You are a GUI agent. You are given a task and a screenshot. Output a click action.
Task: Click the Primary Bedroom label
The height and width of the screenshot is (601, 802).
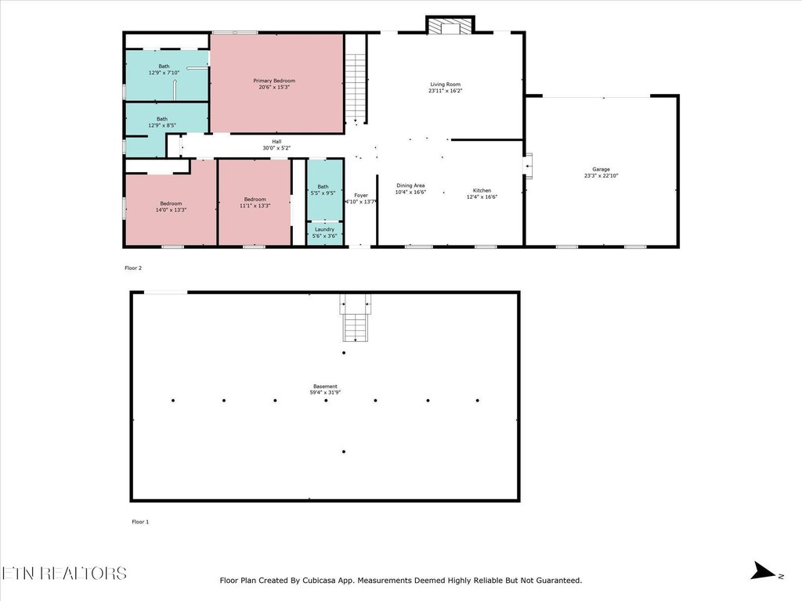[273, 81]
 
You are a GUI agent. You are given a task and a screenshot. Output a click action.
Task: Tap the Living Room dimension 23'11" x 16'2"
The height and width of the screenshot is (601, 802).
[444, 92]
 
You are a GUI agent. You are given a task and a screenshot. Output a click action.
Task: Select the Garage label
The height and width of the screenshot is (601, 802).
[601, 169]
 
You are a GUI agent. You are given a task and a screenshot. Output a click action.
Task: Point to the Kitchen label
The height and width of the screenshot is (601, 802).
[482, 191]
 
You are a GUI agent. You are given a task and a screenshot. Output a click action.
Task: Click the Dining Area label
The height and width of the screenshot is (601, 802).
[410, 185]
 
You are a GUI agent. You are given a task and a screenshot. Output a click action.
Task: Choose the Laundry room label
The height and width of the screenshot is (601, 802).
[324, 229]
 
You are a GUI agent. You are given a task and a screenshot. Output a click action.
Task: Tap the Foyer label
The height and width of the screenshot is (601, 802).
[360, 195]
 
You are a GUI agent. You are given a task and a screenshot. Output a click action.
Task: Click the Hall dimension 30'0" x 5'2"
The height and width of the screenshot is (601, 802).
[276, 148]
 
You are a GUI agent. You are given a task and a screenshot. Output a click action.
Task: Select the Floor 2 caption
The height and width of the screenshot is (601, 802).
[133, 268]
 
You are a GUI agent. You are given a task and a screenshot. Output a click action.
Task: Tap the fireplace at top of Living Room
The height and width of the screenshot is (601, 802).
[450, 26]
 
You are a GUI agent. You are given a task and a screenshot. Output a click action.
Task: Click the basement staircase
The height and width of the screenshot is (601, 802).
[355, 320]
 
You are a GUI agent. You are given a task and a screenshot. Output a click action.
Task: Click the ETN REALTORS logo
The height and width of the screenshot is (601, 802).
[63, 574]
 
